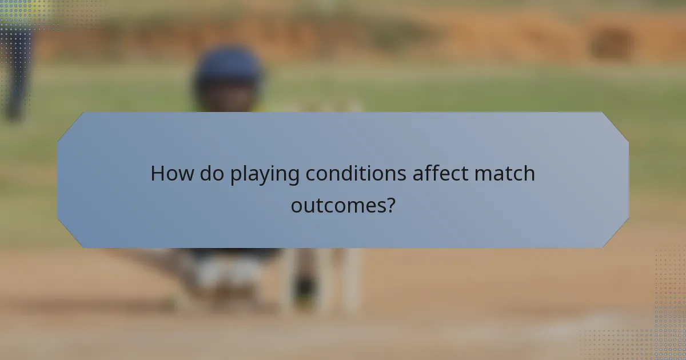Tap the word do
(x=212, y=174)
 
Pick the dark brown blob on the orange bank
(x=611, y=43)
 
